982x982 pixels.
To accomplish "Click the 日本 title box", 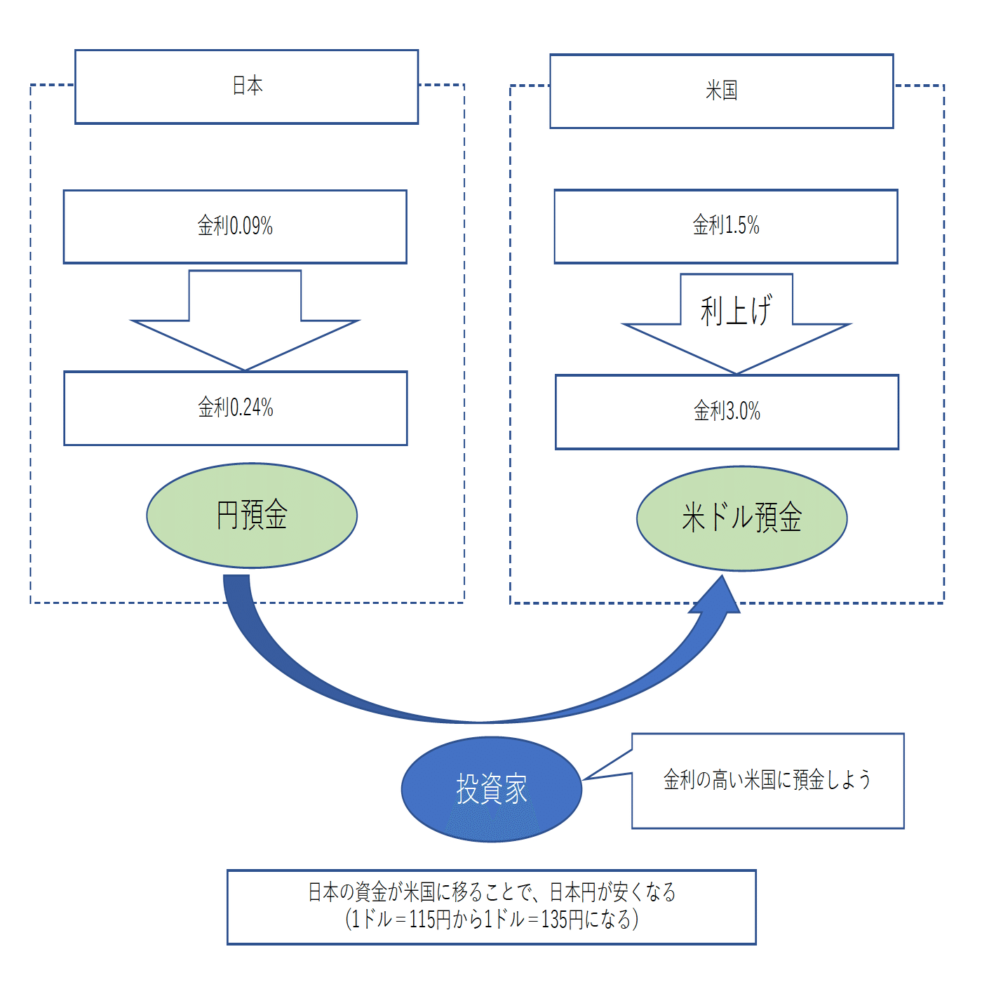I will tap(247, 86).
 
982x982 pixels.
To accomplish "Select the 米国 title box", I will tap(721, 90).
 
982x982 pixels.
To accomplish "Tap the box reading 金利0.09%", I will tap(235, 227).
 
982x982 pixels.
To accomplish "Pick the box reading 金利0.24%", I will tap(236, 408).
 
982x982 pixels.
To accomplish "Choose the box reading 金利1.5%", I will tap(726, 226).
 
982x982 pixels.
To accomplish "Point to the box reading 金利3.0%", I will tap(727, 412).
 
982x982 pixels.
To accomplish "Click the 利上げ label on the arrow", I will tap(736, 310).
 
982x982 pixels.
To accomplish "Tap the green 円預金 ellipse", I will tap(252, 516).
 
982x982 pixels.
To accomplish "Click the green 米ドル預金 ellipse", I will tap(741, 518).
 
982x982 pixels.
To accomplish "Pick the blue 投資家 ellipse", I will tap(491, 789).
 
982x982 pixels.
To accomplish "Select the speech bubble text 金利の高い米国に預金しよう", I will tap(767, 780).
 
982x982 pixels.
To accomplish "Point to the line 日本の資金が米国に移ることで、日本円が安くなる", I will tap(492, 892).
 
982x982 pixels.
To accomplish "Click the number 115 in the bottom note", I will tap(422, 920).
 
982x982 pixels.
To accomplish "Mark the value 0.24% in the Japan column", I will tap(252, 408).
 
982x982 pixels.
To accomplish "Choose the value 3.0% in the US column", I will tap(742, 412).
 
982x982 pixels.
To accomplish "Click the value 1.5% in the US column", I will tap(741, 226).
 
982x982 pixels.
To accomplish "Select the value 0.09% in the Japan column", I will tap(251, 227).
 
